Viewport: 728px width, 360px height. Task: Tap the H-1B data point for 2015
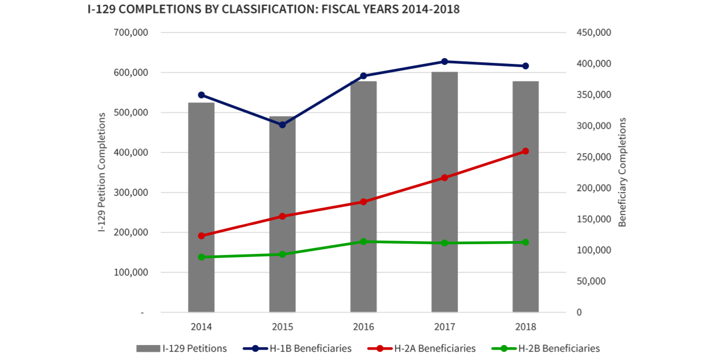tap(282, 125)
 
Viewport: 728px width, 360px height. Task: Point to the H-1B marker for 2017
tap(445, 61)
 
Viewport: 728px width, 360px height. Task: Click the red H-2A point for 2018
tap(526, 151)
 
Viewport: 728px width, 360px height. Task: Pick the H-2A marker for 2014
tap(201, 236)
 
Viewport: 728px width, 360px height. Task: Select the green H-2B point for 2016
tap(363, 242)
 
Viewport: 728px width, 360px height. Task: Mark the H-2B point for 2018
tap(526, 242)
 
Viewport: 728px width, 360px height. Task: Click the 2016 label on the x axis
tap(363, 327)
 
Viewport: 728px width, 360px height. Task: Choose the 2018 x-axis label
tap(526, 327)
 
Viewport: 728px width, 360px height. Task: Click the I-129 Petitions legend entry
tap(181, 349)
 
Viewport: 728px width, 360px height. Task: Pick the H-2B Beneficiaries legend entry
tap(545, 349)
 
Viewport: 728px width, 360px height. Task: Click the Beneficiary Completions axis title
tap(622, 172)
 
